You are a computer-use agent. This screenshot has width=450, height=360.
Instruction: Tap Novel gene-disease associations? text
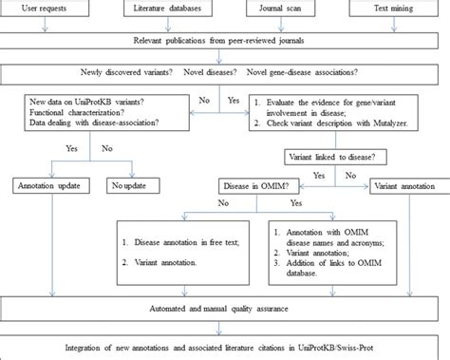305,72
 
